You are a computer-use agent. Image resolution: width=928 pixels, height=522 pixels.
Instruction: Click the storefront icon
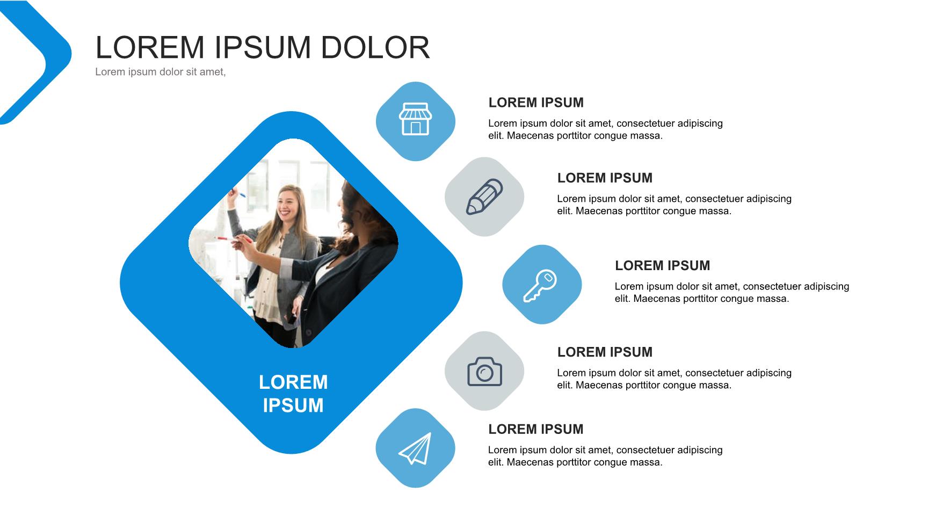[x=415, y=119]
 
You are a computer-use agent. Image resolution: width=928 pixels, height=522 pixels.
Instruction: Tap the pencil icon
[x=484, y=197]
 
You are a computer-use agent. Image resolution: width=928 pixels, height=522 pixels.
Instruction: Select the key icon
[x=540, y=286]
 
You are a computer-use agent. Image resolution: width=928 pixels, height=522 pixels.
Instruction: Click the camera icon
[x=484, y=371]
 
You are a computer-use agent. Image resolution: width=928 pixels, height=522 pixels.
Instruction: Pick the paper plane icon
[x=415, y=448]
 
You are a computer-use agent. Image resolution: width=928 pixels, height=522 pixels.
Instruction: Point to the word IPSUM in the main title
[x=263, y=47]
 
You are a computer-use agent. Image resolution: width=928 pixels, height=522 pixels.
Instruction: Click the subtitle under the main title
[x=160, y=72]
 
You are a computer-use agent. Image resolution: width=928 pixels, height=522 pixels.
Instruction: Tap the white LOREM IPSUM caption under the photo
[x=293, y=394]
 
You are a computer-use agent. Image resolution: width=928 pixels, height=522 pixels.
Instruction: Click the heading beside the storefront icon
[x=536, y=103]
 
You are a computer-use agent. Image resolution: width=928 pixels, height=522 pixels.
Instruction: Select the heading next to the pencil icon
[x=605, y=178]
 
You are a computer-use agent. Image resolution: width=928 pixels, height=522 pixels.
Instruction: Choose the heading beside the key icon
[x=662, y=265]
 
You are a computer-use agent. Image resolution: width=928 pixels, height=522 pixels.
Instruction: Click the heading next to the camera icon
[x=605, y=352]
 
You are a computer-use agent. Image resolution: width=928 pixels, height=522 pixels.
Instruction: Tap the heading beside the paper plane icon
[x=535, y=429]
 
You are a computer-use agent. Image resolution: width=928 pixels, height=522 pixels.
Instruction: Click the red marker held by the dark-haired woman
[x=225, y=238]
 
